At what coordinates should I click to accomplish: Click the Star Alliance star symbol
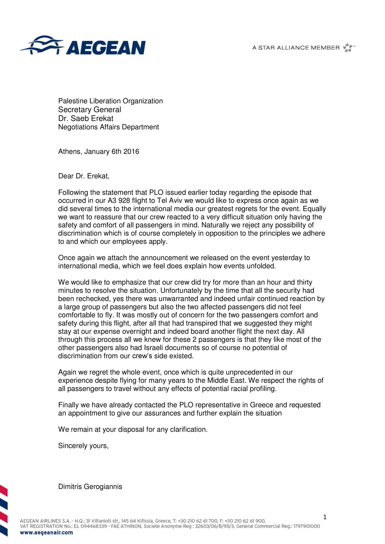(348, 47)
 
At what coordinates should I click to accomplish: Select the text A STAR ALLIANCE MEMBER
(296, 48)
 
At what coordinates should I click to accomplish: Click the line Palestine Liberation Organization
(110, 101)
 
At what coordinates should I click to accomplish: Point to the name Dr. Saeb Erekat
(86, 118)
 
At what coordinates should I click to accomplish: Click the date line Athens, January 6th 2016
(99, 152)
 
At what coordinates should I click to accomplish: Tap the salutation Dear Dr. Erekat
(84, 176)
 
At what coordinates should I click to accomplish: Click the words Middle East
(227, 380)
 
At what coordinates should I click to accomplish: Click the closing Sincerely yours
(83, 446)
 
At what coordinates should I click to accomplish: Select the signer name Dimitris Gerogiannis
(90, 487)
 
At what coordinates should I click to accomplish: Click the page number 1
(325, 517)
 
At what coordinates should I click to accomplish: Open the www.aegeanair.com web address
(46, 532)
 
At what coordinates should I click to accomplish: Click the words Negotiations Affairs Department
(109, 127)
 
